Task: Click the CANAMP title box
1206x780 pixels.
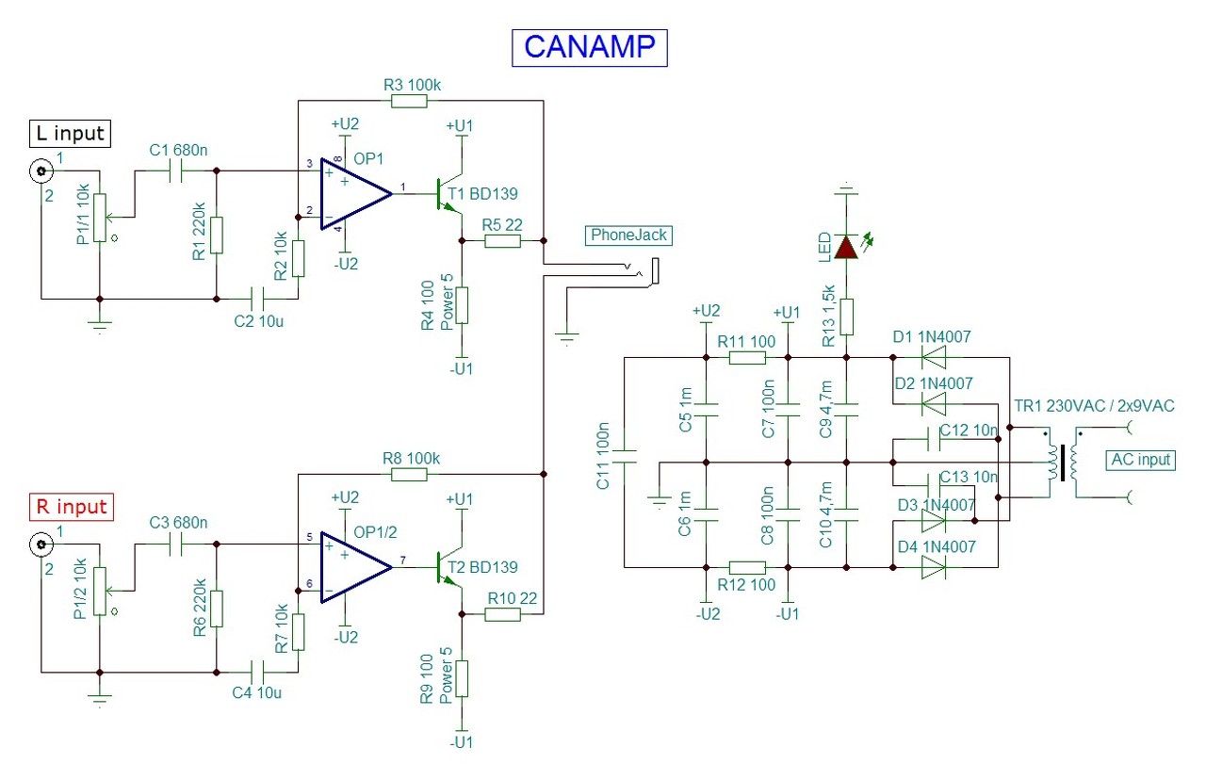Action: point(589,47)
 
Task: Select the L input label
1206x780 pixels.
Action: point(72,134)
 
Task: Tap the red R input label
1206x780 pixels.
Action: point(72,507)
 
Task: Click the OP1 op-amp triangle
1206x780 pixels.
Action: point(353,194)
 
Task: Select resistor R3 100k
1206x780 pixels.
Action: point(411,100)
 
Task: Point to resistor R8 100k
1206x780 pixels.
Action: point(411,474)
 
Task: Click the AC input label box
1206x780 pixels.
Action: point(1142,460)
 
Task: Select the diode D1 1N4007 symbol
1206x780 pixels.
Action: point(932,358)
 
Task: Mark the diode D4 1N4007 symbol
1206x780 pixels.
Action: point(932,567)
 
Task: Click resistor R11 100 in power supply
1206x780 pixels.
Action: point(748,358)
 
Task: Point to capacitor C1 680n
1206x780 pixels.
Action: point(176,171)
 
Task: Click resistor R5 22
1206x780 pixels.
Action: point(502,241)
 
